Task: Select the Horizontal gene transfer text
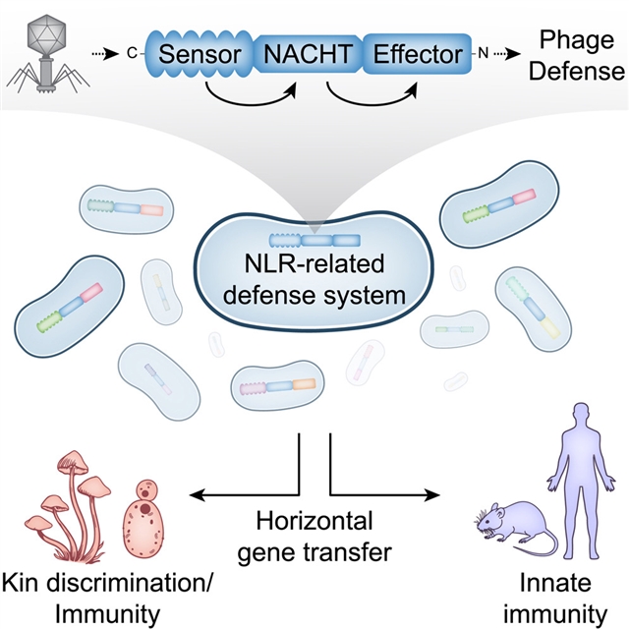point(314,536)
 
